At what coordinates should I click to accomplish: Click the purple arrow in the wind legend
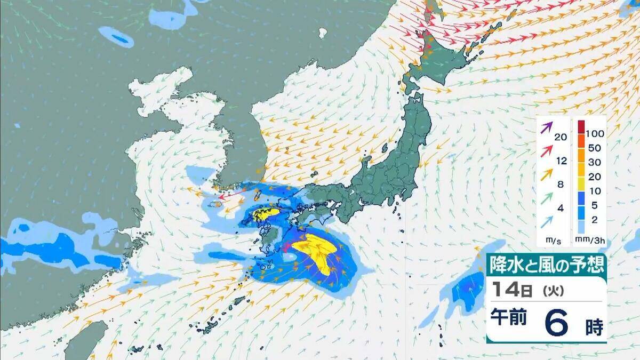click(545, 128)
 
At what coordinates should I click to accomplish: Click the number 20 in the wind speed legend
click(560, 137)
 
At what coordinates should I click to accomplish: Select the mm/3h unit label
click(593, 241)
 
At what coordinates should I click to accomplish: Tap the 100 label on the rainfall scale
click(595, 132)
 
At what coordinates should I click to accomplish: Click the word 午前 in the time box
click(509, 318)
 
